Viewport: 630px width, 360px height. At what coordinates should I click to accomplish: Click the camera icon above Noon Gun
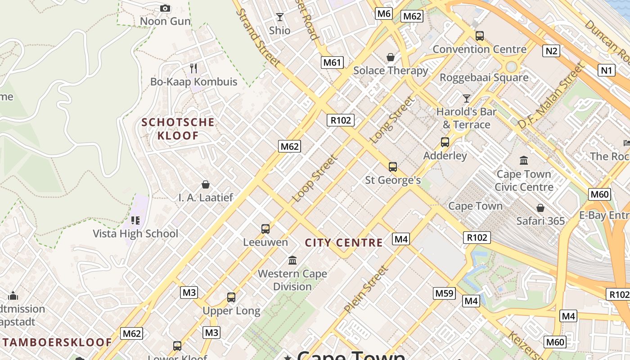165,8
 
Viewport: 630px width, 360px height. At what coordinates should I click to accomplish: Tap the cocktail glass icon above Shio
280,18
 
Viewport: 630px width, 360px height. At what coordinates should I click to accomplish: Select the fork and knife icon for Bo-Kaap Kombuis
193,68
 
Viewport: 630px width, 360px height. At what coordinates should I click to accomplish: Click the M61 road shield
332,63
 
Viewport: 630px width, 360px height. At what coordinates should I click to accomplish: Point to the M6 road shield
384,13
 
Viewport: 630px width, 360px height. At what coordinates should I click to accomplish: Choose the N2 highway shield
551,51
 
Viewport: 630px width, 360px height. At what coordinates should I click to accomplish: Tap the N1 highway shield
607,70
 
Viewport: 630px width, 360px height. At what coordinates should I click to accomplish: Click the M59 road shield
444,293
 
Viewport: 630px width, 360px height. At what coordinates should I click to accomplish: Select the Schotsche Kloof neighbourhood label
178,129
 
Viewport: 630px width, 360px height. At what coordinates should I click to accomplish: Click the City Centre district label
344,243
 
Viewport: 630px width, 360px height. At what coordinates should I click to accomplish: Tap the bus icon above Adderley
445,142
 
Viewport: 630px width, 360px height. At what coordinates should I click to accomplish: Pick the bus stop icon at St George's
393,167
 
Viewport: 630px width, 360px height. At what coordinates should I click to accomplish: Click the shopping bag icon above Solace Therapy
390,57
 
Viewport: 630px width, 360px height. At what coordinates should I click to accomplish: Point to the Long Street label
391,120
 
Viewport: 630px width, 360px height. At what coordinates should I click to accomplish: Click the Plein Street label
365,290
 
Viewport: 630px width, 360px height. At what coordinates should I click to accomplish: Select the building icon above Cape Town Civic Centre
524,161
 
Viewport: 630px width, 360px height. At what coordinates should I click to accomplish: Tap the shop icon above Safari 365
540,208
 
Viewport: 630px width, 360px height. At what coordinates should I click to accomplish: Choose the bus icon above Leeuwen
265,229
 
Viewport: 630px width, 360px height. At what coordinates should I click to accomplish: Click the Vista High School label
135,234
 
